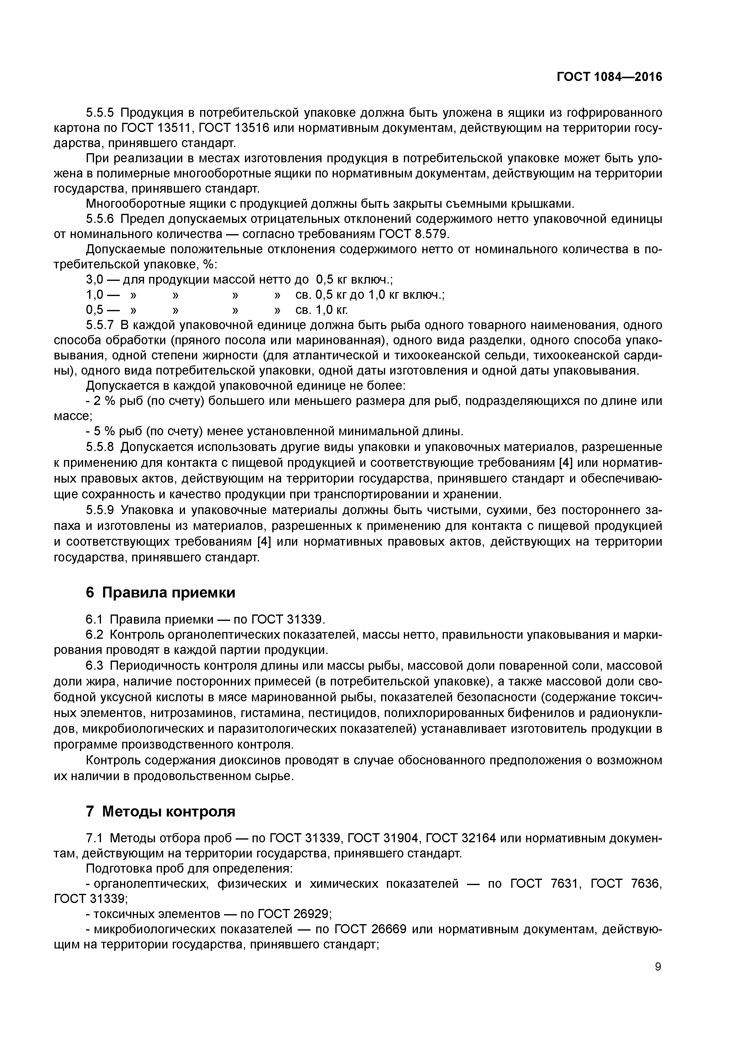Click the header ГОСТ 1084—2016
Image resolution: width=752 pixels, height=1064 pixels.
point(609,77)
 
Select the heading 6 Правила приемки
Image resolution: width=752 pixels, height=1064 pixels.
point(160,592)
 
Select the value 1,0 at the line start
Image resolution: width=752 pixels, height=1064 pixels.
point(94,295)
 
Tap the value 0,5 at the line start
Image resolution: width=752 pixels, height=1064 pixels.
point(94,310)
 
